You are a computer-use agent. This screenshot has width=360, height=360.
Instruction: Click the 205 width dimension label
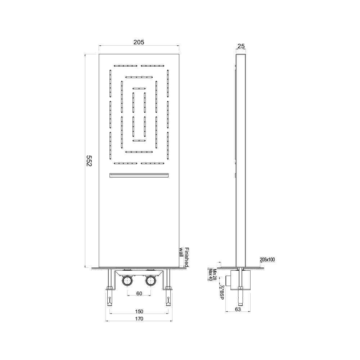[x=139, y=42]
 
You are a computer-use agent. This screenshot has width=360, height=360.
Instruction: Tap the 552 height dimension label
[x=89, y=161]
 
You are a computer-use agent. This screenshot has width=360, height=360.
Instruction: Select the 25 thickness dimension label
[x=241, y=46]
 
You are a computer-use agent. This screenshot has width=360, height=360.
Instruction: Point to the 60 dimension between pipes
[x=139, y=293]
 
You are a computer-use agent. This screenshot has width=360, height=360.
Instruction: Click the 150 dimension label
[x=139, y=311]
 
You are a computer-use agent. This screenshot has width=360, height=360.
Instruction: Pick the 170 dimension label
[x=139, y=319]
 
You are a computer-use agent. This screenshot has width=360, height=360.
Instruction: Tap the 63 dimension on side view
[x=238, y=309]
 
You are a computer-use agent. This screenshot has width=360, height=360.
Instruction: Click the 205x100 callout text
[x=267, y=260]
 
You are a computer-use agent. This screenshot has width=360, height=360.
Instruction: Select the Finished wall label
[x=184, y=257]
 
